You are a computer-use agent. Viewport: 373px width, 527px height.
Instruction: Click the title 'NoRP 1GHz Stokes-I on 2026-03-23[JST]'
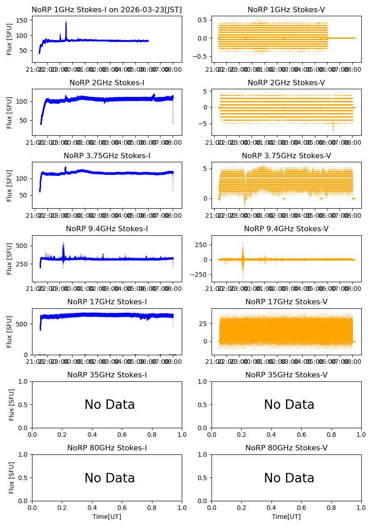[x=107, y=10]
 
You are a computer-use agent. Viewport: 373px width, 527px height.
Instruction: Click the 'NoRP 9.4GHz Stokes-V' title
[x=286, y=229]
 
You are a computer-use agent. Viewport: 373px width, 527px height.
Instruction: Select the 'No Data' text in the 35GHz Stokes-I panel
[x=110, y=405]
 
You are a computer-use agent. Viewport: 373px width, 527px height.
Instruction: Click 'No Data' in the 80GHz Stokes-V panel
[x=289, y=478]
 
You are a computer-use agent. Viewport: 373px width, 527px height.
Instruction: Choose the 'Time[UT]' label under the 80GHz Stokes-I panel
[x=107, y=517]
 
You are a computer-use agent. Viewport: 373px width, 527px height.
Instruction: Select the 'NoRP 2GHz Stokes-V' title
[x=286, y=83]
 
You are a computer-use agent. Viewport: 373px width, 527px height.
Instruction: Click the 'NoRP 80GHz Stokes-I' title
[x=107, y=448]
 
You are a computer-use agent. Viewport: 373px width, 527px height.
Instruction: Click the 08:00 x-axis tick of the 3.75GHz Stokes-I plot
[x=173, y=215]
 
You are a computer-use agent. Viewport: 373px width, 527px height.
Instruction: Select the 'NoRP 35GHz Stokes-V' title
[x=286, y=375]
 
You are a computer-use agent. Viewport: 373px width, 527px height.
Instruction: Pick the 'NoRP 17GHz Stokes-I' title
[x=107, y=302]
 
